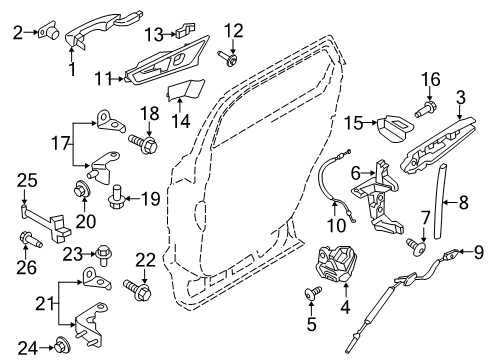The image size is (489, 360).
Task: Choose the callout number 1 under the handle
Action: [x=71, y=68]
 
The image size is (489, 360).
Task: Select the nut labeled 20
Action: [x=79, y=188]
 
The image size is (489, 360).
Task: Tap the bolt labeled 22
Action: [x=138, y=289]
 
